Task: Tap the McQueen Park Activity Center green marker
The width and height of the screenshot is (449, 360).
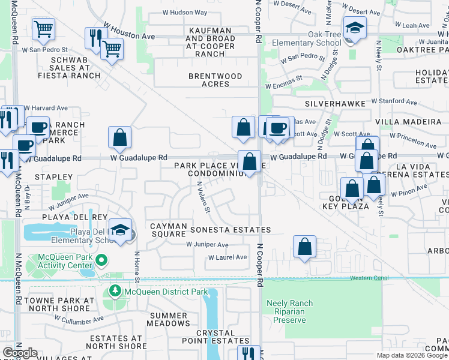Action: coord(101,260)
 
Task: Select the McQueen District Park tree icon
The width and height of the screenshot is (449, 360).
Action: coord(115,292)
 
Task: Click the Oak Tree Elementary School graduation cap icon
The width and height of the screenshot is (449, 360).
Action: coord(355,28)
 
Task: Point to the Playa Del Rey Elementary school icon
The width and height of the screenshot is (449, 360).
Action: coord(121,232)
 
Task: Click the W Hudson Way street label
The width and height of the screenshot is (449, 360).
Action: coord(185,12)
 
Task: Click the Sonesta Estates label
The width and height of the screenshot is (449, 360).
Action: coord(231,230)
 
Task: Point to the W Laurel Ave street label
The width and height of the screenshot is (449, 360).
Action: coord(228,257)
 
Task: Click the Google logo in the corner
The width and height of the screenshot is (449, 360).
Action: coord(20,353)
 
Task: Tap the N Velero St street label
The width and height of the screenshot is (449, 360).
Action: coord(203,197)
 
